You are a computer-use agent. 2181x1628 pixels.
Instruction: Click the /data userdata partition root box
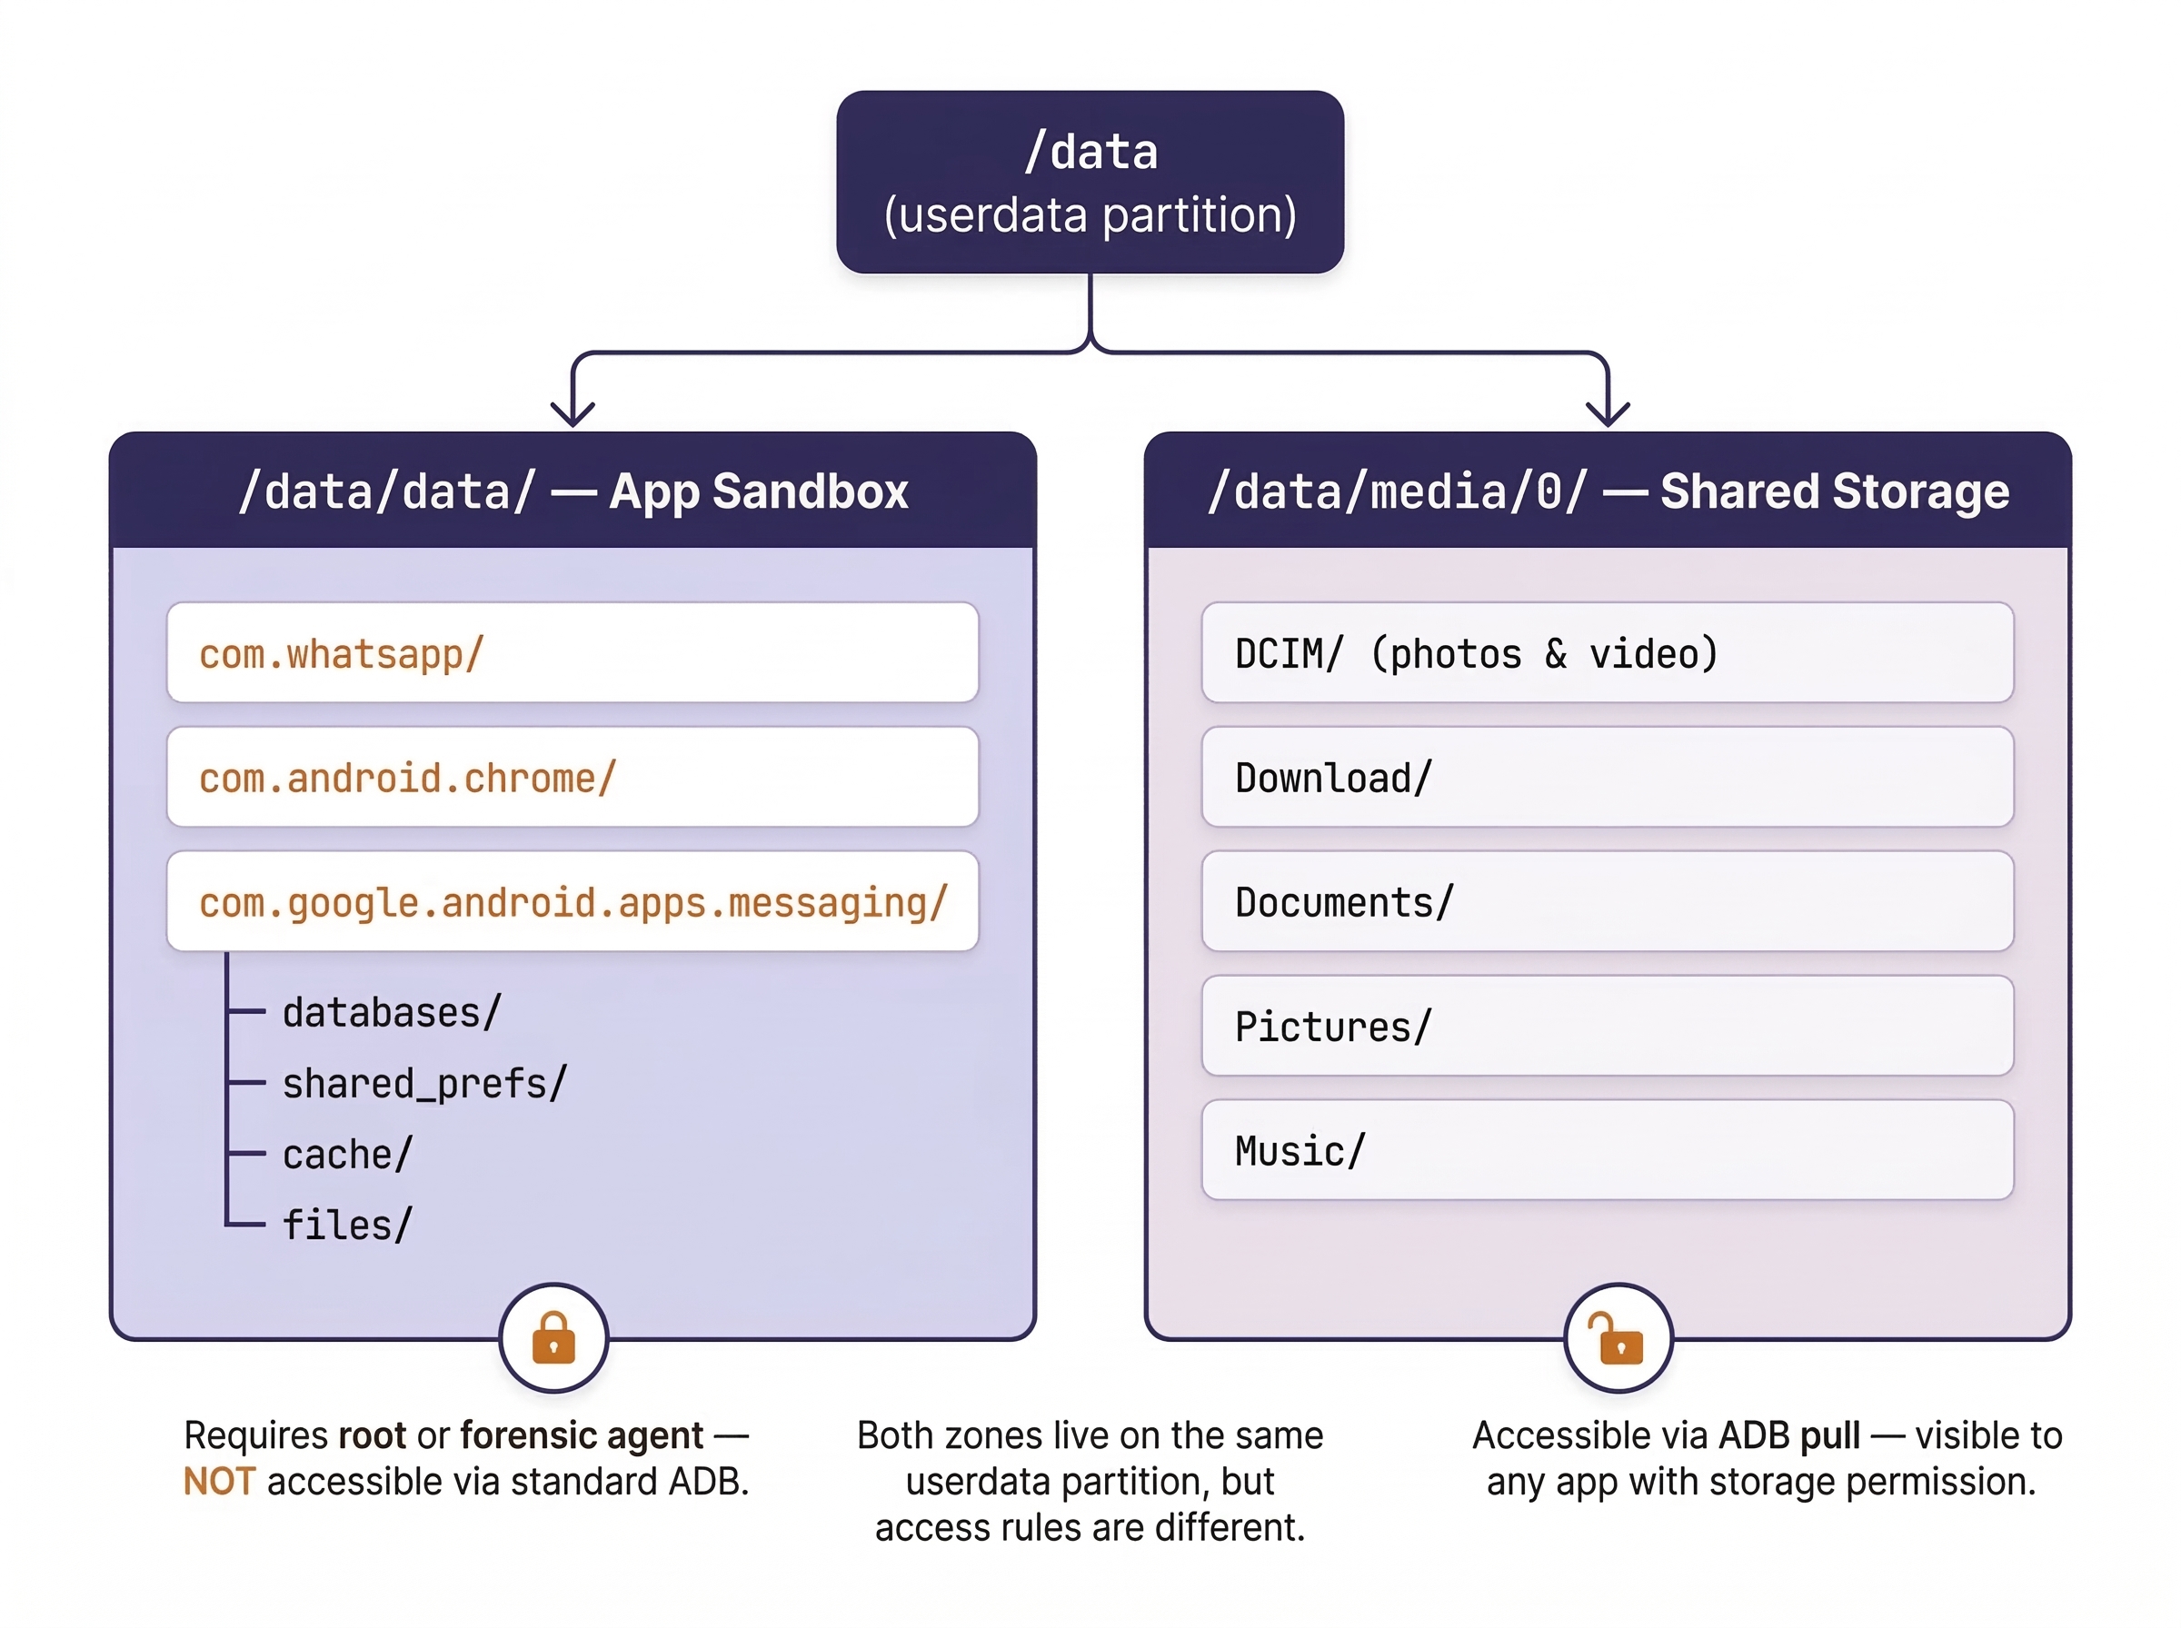tap(1089, 183)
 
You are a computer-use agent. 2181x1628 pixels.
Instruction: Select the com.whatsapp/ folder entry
tap(572, 652)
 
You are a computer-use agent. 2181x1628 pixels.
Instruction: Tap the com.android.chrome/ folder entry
tap(572, 778)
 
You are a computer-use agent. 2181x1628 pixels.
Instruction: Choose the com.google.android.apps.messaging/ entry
tap(572, 902)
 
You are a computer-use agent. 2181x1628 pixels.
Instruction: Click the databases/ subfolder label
tap(392, 1013)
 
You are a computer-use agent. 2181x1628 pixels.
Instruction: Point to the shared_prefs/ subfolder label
tap(423, 1084)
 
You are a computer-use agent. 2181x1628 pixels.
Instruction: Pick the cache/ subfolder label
tap(347, 1155)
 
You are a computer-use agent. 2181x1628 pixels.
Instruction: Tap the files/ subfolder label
tap(347, 1226)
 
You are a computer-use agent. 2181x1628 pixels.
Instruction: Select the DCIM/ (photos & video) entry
tap(1607, 652)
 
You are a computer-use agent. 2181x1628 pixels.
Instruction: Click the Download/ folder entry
tap(1607, 778)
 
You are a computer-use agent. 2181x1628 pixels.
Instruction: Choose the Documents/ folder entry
tap(1607, 902)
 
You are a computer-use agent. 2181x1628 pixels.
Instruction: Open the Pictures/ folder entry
tap(1607, 1026)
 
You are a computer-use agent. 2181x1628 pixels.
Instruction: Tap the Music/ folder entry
tap(1607, 1150)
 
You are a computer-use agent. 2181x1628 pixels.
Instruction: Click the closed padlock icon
tap(553, 1338)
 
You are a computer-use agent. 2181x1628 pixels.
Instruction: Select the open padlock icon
tap(1618, 1338)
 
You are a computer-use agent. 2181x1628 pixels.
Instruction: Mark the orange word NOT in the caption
tap(219, 1481)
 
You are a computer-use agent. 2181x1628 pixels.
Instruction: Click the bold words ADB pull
tap(1788, 1435)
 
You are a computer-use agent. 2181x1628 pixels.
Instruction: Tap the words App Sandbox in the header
tap(758, 491)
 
